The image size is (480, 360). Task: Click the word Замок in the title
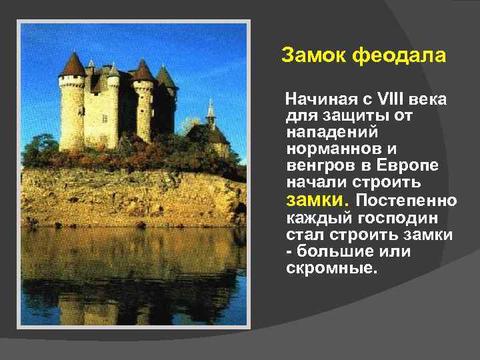(x=312, y=56)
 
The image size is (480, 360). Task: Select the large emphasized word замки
(x=316, y=200)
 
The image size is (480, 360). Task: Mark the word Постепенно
(x=407, y=201)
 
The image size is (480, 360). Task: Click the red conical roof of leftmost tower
(x=72, y=65)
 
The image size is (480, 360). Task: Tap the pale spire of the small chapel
(x=211, y=109)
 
